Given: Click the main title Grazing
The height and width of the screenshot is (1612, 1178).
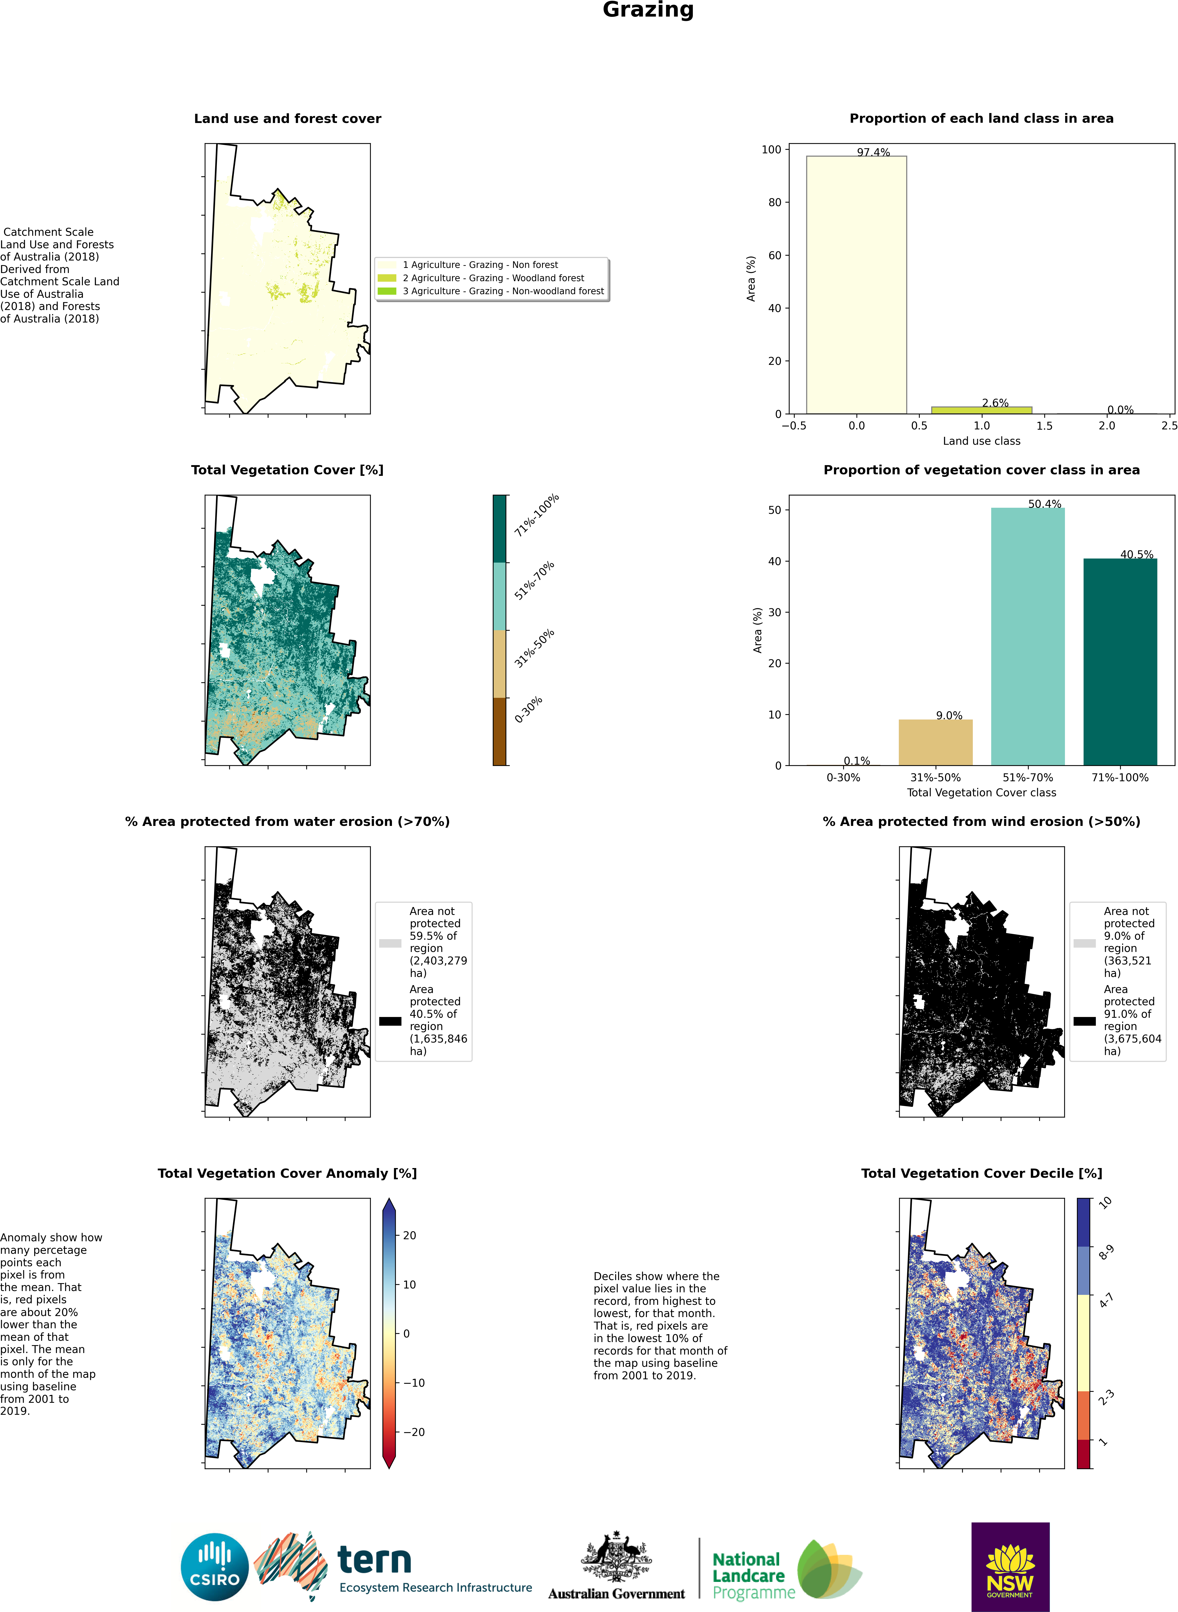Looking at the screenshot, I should pyautogui.click(x=647, y=10).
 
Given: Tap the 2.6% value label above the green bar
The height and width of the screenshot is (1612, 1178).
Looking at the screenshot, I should pyautogui.click(x=995, y=403).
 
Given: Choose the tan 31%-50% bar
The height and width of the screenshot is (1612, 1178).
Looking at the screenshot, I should pyautogui.click(x=935, y=741).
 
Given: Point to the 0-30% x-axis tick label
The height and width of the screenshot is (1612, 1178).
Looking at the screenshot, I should pyautogui.click(x=843, y=777).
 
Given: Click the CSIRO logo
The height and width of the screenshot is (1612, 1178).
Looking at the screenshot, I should pyautogui.click(x=215, y=1568).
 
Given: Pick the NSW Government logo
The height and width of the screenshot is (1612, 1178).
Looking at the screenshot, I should pyautogui.click(x=1010, y=1566).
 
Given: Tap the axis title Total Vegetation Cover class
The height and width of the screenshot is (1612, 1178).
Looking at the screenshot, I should pyautogui.click(x=981, y=792).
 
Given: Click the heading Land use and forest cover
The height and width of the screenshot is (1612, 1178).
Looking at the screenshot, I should pyautogui.click(x=287, y=118).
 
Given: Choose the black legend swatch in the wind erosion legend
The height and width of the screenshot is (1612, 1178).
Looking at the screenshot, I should pyautogui.click(x=1084, y=1021).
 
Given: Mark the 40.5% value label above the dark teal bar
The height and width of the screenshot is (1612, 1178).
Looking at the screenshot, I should pyautogui.click(x=1136, y=554).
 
